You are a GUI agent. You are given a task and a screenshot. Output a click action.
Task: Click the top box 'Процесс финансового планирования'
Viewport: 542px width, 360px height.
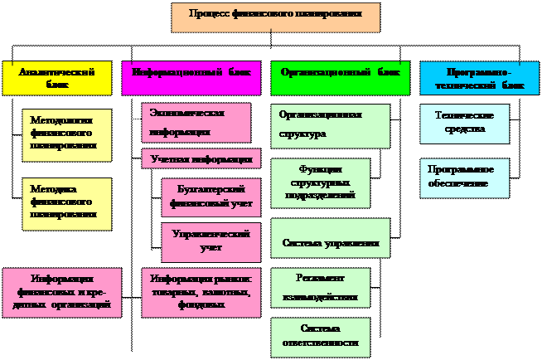[x=275, y=17]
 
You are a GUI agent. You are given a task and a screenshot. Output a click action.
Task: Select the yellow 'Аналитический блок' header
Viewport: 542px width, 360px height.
[x=56, y=78]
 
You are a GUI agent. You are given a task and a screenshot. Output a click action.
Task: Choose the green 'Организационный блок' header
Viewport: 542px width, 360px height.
[x=340, y=77]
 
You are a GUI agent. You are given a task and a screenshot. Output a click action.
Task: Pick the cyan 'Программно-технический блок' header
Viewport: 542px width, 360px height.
[x=479, y=78]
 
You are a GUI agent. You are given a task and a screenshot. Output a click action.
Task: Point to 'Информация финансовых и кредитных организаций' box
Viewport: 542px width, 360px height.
[x=61, y=292]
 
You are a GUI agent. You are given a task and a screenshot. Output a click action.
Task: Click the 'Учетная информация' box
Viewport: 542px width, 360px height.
[x=201, y=158]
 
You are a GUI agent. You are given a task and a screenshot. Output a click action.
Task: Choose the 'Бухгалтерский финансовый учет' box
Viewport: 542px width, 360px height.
[x=211, y=197]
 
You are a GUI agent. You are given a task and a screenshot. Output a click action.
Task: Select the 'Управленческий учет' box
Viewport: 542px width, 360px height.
[x=211, y=241]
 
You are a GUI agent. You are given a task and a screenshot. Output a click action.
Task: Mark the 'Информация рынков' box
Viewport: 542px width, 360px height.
[x=201, y=291]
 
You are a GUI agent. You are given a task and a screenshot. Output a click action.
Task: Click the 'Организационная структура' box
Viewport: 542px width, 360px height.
[x=330, y=124]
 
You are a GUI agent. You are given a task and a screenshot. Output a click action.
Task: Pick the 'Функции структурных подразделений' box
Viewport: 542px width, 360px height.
[x=320, y=182]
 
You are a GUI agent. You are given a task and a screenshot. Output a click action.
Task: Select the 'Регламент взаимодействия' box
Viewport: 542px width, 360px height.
[x=320, y=286]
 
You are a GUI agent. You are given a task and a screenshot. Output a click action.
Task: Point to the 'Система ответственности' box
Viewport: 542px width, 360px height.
[x=320, y=336]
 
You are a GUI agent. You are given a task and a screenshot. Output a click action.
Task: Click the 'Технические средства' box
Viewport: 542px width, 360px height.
[x=464, y=124]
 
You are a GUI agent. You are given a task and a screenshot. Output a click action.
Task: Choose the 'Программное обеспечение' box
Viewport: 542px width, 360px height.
[x=464, y=177]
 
